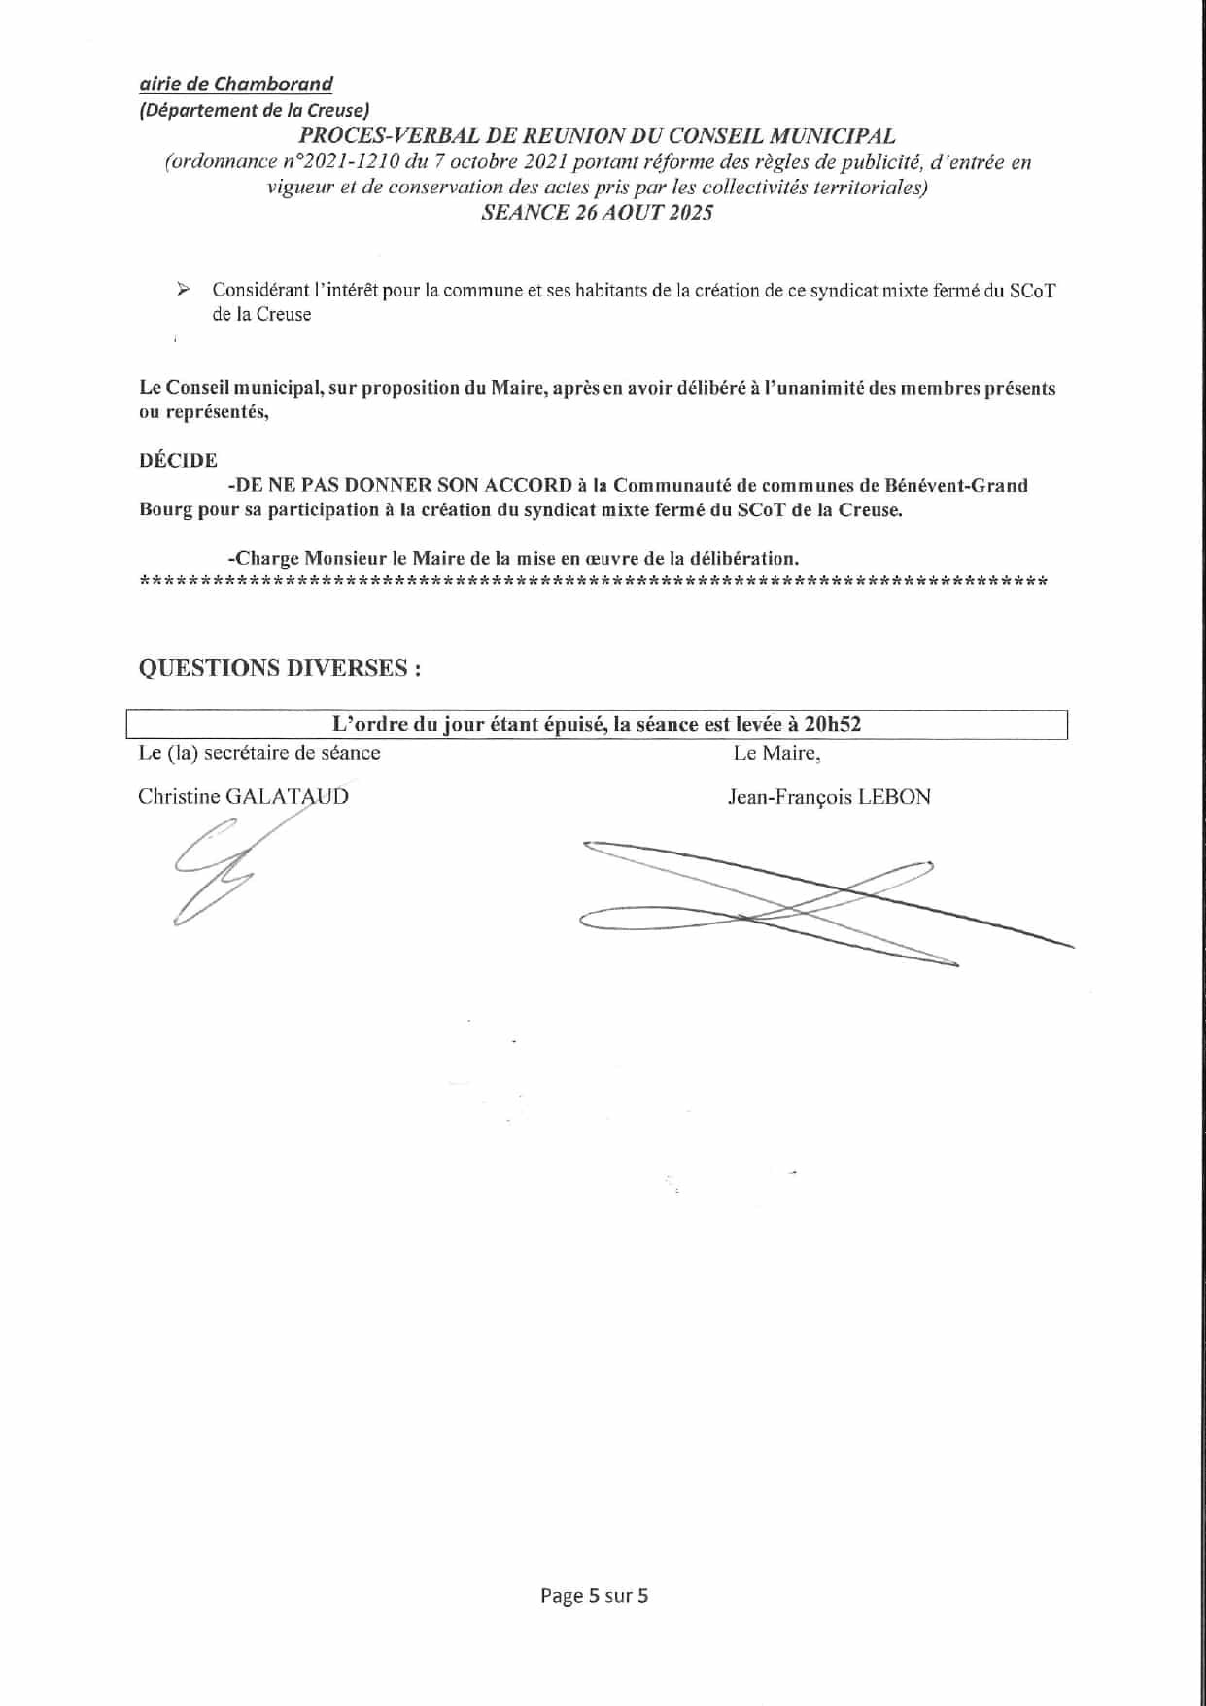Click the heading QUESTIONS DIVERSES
pyautogui.click(x=280, y=668)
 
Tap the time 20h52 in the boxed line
pyautogui.click(x=834, y=724)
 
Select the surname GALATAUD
pyautogui.click(x=287, y=797)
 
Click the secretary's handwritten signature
pyautogui.click(x=216, y=870)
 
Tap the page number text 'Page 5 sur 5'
pyautogui.click(x=594, y=1595)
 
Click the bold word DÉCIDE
pyautogui.click(x=178, y=461)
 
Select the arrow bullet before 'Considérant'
pyautogui.click(x=181, y=290)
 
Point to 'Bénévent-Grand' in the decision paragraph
pyautogui.click(x=958, y=485)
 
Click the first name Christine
pyautogui.click(x=179, y=797)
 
